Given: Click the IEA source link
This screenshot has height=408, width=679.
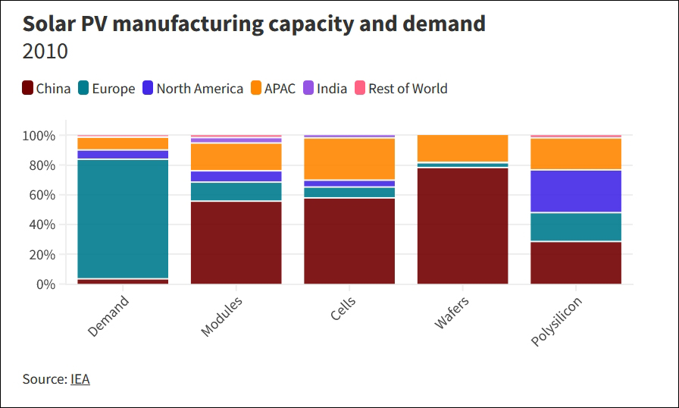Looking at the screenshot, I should coord(80,379).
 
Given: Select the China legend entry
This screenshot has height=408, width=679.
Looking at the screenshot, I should coord(46,89).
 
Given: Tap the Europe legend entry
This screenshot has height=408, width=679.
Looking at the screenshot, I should coord(105,89).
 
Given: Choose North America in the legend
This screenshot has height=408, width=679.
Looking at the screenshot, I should coord(192,89).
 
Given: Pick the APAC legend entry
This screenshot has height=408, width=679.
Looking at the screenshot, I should coord(272,89).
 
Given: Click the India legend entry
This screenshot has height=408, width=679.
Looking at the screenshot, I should coord(325,89).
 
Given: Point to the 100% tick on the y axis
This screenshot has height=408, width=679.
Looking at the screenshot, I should coord(38,136).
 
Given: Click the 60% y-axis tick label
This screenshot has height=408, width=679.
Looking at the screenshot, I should coord(41,195).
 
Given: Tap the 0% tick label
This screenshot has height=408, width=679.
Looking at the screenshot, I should coord(45,284).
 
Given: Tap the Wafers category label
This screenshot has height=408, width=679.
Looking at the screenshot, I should coord(452,312).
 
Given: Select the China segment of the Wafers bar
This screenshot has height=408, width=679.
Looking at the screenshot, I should coord(463,226).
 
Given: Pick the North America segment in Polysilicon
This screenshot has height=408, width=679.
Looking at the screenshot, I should coord(576,191).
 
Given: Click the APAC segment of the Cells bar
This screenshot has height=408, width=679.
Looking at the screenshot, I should coord(349,158).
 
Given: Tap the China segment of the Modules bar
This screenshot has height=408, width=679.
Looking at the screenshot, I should coord(236,243).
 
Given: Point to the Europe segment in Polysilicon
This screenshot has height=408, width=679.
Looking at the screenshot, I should coord(576,227).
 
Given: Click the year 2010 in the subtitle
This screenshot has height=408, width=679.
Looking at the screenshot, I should coord(45,52).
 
